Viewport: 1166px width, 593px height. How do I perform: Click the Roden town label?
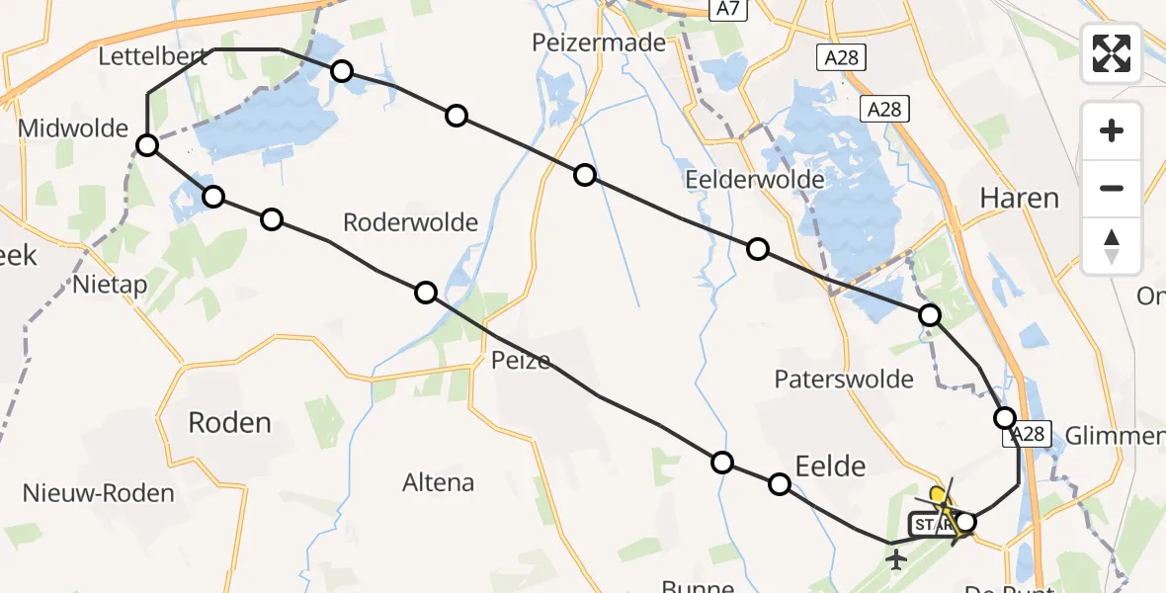pos(229,423)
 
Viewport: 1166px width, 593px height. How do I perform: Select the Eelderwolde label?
pos(755,179)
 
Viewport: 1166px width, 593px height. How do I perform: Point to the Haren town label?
pos(1019,198)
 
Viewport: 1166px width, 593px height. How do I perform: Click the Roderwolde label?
pos(410,222)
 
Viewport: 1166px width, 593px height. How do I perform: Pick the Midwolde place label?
pos(73,127)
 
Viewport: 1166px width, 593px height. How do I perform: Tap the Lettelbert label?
pos(153,56)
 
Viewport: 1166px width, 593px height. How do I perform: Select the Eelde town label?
pos(830,466)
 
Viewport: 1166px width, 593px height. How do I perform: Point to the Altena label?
pos(439,483)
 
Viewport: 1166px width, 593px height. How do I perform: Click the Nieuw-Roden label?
pos(99,493)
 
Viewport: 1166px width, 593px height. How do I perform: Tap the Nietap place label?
pos(110,286)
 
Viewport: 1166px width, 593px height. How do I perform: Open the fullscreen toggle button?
pos(1112,53)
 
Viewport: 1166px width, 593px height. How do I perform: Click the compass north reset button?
pos(1112,246)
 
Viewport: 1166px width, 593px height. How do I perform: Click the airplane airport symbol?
pos(897,560)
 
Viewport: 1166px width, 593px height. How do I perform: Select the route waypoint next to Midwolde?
pos(147,146)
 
